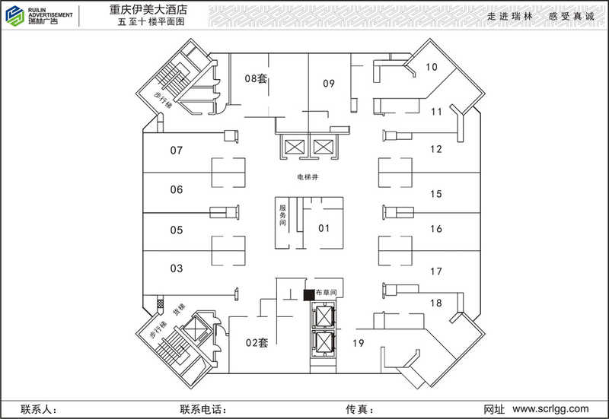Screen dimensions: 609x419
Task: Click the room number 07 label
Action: [x=177, y=150]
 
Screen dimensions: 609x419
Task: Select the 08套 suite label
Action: [x=256, y=79]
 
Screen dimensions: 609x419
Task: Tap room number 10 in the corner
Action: [x=431, y=67]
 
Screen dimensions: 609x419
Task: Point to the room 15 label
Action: [x=436, y=194]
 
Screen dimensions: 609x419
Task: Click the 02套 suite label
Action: [x=257, y=342]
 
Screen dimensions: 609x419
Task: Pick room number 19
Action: [x=358, y=343]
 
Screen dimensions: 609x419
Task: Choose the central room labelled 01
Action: [x=324, y=228]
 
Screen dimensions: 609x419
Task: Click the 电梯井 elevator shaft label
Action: [x=308, y=177]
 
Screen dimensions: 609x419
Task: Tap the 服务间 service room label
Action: [x=282, y=215]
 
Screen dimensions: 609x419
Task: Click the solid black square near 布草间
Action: [x=309, y=295]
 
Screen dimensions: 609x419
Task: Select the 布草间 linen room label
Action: [x=326, y=292]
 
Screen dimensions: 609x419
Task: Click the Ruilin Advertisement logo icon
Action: [x=14, y=16]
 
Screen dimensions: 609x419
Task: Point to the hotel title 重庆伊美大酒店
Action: [x=148, y=9]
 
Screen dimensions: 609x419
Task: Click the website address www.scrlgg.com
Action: [x=550, y=408]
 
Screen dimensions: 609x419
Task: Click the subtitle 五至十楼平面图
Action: [x=151, y=22]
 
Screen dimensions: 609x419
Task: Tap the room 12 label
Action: [x=436, y=149]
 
